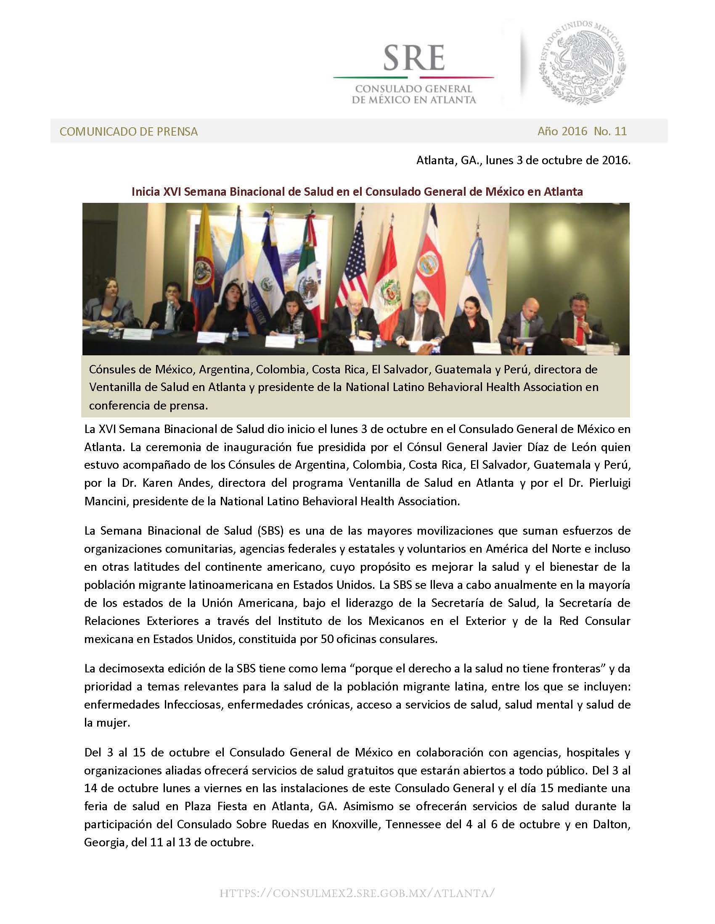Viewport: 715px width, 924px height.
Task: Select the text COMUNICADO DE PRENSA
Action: (128, 131)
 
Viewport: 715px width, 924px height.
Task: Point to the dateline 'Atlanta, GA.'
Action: (449, 160)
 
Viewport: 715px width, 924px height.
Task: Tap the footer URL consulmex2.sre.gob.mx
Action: (357, 893)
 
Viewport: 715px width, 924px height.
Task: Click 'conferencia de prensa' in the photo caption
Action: (148, 405)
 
